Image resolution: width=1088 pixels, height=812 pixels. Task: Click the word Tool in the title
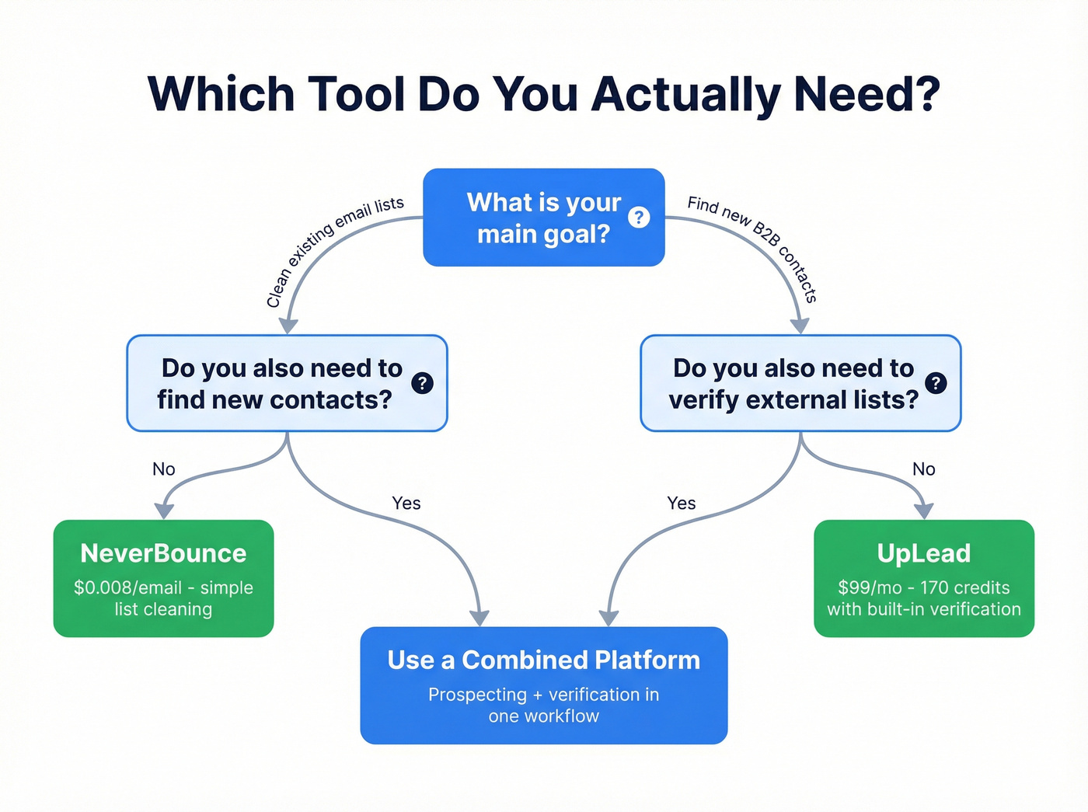click(357, 95)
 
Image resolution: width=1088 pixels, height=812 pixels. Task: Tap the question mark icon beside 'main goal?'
click(639, 218)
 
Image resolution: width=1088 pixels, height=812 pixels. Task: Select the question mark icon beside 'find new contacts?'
click(422, 383)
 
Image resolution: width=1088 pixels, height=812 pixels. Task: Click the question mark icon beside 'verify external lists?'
click(936, 383)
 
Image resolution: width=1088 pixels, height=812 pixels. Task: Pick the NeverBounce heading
click(163, 553)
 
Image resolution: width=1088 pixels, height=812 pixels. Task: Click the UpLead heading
click(923, 553)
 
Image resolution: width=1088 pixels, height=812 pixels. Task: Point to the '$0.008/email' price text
click(127, 588)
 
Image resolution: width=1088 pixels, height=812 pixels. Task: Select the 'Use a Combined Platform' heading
click(543, 660)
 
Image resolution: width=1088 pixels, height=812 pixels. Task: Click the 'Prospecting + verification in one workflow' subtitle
click(543, 705)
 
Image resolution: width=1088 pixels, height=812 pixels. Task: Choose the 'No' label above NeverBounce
click(164, 469)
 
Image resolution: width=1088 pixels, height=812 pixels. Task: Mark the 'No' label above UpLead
click(923, 469)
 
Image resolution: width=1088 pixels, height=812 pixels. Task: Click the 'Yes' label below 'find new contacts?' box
click(406, 504)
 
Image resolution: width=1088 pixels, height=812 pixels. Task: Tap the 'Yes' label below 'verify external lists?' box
click(681, 504)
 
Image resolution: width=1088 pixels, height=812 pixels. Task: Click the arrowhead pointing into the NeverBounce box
click(164, 511)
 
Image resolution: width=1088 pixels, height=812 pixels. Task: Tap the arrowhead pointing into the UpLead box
click(923, 511)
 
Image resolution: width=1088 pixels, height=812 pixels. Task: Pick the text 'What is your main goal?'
click(543, 218)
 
